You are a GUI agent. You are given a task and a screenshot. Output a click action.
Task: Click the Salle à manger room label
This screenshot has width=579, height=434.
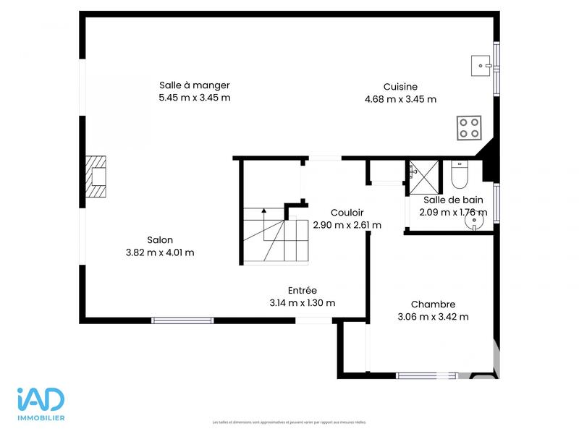click(x=195, y=85)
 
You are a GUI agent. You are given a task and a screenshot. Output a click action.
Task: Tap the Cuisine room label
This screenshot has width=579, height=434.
click(x=400, y=87)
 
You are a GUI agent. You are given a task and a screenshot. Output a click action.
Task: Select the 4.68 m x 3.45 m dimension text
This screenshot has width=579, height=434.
click(x=400, y=99)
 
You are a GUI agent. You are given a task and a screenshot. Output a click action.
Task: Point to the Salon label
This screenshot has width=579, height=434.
click(x=160, y=240)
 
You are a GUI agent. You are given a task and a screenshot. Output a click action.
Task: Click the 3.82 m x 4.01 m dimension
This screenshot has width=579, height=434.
click(x=160, y=252)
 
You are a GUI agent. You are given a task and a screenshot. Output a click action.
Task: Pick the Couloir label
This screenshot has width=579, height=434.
click(x=347, y=213)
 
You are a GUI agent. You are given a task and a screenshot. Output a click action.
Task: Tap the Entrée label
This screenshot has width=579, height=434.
click(x=303, y=290)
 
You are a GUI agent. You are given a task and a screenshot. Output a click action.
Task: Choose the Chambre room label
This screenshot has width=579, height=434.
click(x=433, y=305)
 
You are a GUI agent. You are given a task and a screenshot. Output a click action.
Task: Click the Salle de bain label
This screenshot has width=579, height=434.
click(x=453, y=200)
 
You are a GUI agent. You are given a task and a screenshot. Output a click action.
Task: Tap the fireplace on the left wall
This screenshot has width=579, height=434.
click(x=96, y=176)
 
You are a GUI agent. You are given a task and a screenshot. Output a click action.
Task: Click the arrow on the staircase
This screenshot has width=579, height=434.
click(x=264, y=210)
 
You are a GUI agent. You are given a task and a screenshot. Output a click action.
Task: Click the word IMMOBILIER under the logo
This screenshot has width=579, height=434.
click(x=41, y=418)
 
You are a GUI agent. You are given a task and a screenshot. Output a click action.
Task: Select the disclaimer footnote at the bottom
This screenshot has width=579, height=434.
click(x=289, y=422)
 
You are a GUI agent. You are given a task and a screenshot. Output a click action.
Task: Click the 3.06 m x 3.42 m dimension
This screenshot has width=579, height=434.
click(x=433, y=317)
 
